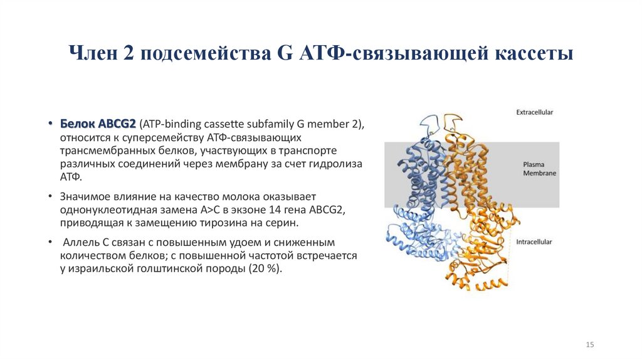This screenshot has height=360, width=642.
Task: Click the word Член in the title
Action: (x=93, y=53)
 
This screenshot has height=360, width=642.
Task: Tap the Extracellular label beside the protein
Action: (x=534, y=112)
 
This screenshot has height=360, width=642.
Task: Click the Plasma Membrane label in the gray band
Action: (x=539, y=169)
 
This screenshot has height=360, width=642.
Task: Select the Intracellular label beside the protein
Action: (x=534, y=241)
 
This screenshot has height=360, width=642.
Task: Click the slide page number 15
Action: (x=589, y=345)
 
